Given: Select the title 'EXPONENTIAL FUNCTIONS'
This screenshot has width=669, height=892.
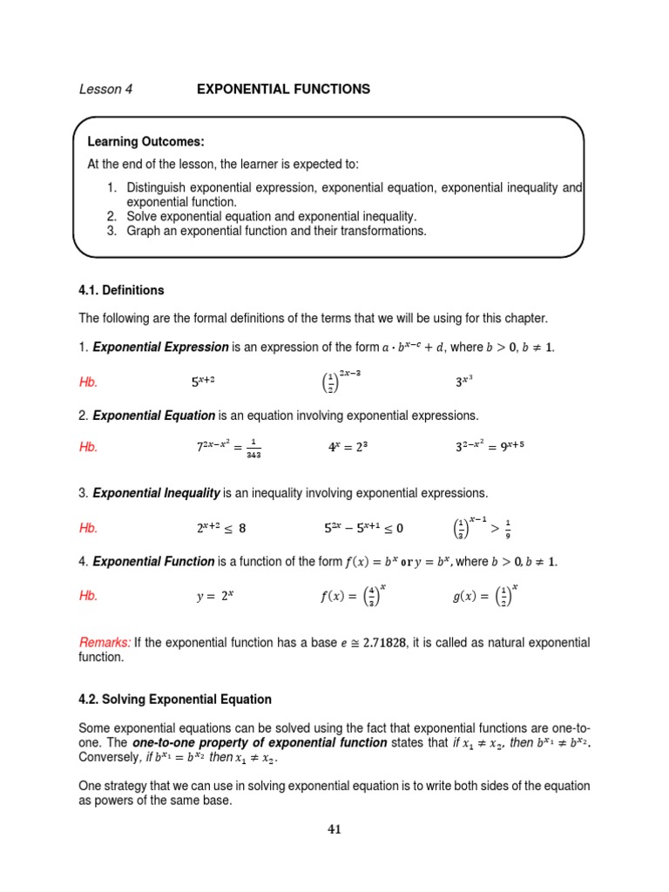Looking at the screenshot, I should (283, 90).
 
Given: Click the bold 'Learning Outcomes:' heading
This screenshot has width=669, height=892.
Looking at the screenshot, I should (145, 142).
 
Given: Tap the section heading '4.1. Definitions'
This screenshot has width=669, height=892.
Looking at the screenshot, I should (121, 290).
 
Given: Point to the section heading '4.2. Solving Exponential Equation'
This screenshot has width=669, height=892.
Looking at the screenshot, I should (175, 699).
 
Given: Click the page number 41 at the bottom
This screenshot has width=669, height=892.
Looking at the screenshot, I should (334, 829).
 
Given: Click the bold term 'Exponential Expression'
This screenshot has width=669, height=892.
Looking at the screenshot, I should (160, 348).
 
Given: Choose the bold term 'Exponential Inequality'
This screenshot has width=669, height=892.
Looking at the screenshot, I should (157, 494).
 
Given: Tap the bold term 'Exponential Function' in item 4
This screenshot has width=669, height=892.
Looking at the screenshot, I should (153, 562).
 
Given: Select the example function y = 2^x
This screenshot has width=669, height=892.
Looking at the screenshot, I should (215, 597).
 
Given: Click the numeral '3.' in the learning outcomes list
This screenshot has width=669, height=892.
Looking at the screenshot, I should (112, 231).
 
